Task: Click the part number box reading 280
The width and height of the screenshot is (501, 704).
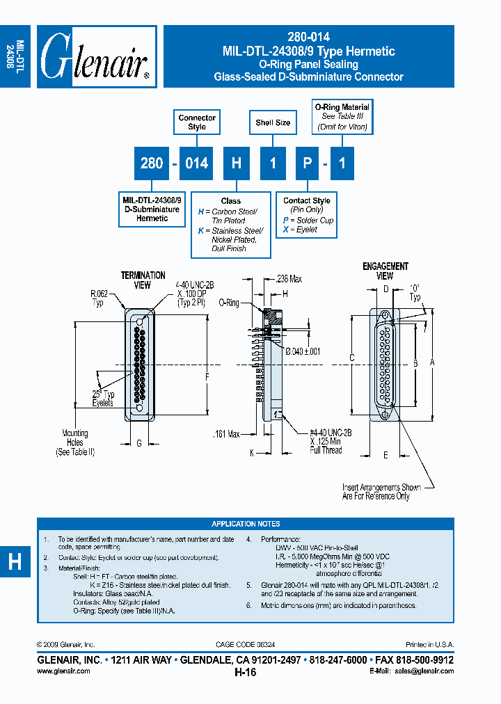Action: click(x=152, y=163)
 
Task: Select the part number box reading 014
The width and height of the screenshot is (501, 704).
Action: click(x=197, y=163)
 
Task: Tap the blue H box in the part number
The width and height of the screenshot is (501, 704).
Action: click(x=237, y=163)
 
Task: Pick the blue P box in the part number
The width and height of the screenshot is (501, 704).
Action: click(x=307, y=163)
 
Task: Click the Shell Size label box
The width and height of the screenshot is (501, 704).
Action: click(x=273, y=123)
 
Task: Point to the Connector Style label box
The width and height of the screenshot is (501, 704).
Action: click(x=197, y=122)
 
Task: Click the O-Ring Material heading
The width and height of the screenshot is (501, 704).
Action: click(x=342, y=108)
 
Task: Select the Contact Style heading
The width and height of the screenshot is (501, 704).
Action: click(x=307, y=201)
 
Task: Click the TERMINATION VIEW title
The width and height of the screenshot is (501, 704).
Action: click(x=143, y=280)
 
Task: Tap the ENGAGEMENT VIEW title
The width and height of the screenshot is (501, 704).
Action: click(x=385, y=271)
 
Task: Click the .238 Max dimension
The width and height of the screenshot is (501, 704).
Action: click(x=288, y=279)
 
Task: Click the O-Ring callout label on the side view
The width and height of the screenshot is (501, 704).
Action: click(x=229, y=303)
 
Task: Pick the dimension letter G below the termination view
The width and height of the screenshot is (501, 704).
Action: click(x=139, y=443)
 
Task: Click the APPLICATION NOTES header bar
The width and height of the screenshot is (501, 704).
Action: click(x=246, y=524)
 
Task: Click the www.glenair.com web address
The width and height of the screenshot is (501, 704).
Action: click(x=63, y=671)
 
